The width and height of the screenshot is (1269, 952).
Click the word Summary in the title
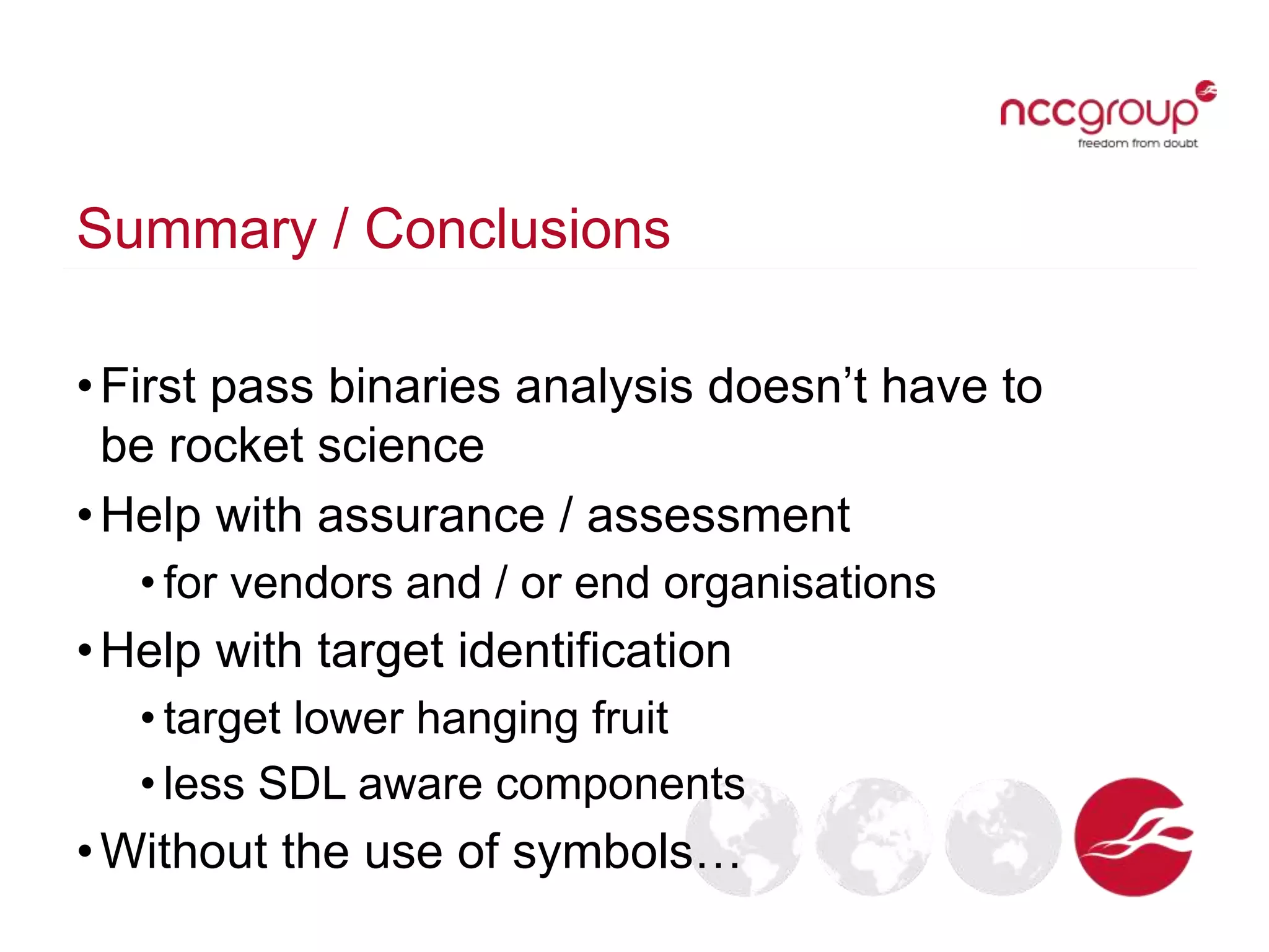[x=196, y=229]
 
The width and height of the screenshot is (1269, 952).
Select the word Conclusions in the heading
[x=517, y=229]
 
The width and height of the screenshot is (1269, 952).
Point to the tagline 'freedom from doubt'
[x=1138, y=143]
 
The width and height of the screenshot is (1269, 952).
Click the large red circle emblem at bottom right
[x=1134, y=837]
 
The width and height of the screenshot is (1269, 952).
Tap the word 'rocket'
[x=237, y=446]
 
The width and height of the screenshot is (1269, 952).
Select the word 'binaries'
[x=414, y=387]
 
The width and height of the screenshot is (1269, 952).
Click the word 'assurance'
[x=431, y=516]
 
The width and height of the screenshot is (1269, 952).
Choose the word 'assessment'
[x=719, y=516]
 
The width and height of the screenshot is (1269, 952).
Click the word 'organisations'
[x=799, y=584]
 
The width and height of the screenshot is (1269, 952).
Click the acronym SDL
[x=302, y=784]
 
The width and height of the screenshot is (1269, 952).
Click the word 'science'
[x=400, y=446]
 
